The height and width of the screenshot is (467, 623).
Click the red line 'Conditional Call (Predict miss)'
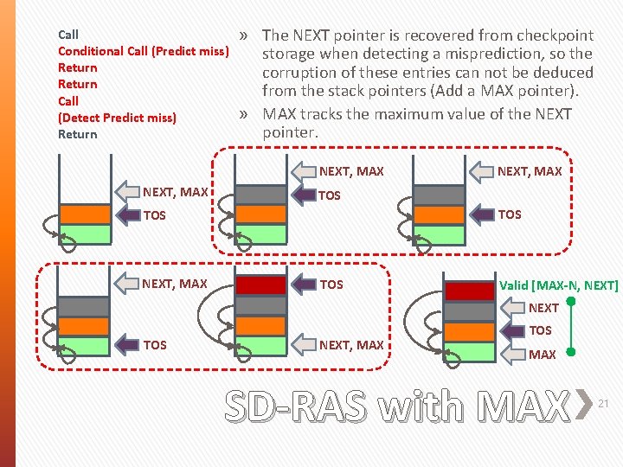pyautogui.click(x=143, y=51)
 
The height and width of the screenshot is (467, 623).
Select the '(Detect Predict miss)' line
pyautogui.click(x=117, y=118)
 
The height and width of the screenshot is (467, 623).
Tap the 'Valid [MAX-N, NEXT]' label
pyautogui.click(x=559, y=285)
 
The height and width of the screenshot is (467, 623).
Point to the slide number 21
pyautogui.click(x=605, y=403)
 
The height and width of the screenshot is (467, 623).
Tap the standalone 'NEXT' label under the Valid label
pyautogui.click(x=543, y=308)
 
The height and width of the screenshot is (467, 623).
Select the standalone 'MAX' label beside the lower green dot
pyautogui.click(x=543, y=355)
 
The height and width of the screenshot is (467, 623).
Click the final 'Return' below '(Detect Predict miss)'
pyautogui.click(x=78, y=134)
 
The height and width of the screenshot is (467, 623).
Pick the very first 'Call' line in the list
pyautogui.click(x=68, y=35)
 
